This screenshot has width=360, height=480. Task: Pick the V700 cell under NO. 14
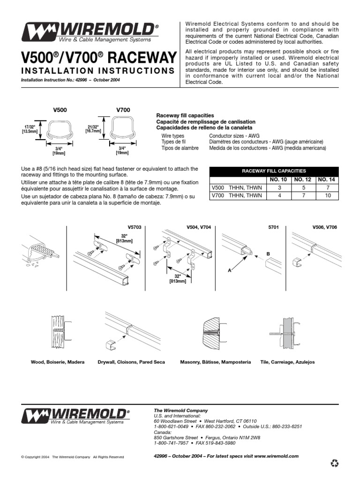(327, 195)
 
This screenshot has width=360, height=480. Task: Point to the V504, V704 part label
(199, 227)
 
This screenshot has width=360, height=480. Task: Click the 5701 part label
(273, 227)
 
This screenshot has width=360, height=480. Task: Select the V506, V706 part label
(325, 227)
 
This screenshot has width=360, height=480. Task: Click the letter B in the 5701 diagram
(268, 254)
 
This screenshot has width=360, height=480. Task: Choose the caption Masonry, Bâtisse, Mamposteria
(216, 362)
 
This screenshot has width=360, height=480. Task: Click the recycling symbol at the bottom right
(334, 464)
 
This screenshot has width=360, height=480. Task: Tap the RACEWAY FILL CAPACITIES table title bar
(273, 171)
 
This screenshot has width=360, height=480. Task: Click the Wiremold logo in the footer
(77, 416)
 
